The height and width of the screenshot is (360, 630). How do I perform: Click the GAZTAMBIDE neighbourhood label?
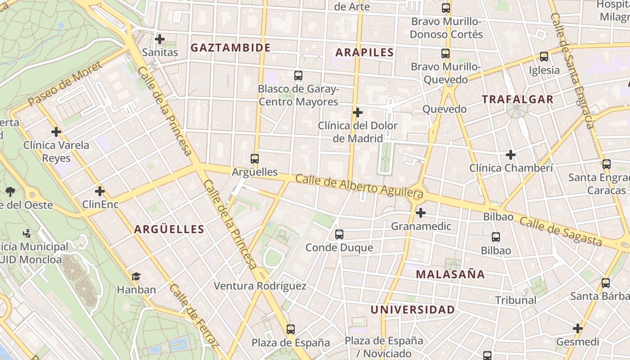pyautogui.click(x=230, y=48)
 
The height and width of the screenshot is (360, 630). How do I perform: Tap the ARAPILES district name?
pyautogui.click(x=364, y=52)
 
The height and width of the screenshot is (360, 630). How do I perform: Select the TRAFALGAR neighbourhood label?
pyautogui.click(x=517, y=99)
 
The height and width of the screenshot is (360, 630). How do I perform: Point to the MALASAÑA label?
pyautogui.click(x=450, y=274)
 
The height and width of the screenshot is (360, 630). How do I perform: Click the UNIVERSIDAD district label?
pyautogui.click(x=413, y=310)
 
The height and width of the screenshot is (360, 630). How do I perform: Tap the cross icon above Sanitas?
pyautogui.click(x=160, y=39)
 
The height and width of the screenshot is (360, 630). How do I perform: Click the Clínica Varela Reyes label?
pyautogui.click(x=56, y=151)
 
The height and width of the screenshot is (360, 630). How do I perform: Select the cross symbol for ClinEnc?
pyautogui.click(x=100, y=191)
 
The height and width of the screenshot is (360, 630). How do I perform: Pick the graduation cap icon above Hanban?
pyautogui.click(x=136, y=276)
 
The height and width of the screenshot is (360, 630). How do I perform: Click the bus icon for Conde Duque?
pyautogui.click(x=339, y=234)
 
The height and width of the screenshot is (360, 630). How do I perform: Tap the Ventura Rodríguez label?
pyautogui.click(x=260, y=286)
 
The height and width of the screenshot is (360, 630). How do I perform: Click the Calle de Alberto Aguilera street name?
pyautogui.click(x=359, y=185)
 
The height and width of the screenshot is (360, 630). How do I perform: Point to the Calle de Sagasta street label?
pyautogui.click(x=560, y=231)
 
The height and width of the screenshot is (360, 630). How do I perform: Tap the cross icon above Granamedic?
pyautogui.click(x=421, y=212)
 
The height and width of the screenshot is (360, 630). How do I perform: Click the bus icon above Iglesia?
pyautogui.click(x=544, y=57)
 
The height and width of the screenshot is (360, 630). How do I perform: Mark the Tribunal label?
pyautogui.click(x=516, y=300)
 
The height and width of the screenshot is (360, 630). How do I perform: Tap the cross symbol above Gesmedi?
pyautogui.click(x=578, y=328)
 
